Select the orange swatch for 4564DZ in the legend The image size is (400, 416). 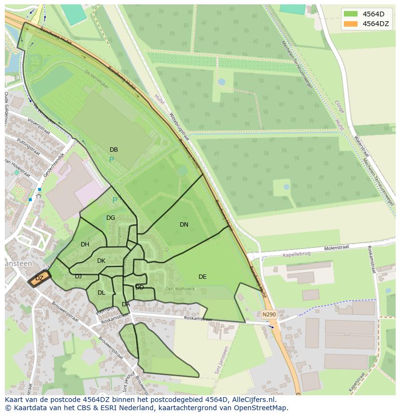click(x=351, y=24)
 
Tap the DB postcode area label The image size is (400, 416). click(x=114, y=150)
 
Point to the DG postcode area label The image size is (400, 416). click(x=111, y=218)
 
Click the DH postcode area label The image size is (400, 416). click(x=85, y=244)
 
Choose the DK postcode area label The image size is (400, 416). click(x=101, y=261)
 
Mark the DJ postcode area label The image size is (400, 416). click(x=78, y=276)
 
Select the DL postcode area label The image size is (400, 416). click(x=101, y=293)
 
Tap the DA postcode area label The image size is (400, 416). click(x=126, y=304)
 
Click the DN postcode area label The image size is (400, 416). click(x=184, y=225)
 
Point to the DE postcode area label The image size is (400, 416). click(x=202, y=277)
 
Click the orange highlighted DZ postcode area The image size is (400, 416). click(x=39, y=278)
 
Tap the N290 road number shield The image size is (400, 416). click(x=269, y=315)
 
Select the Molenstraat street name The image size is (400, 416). click(x=336, y=248)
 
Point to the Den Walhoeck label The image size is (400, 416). click(x=180, y=289)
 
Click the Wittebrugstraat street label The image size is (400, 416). click(x=179, y=128)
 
